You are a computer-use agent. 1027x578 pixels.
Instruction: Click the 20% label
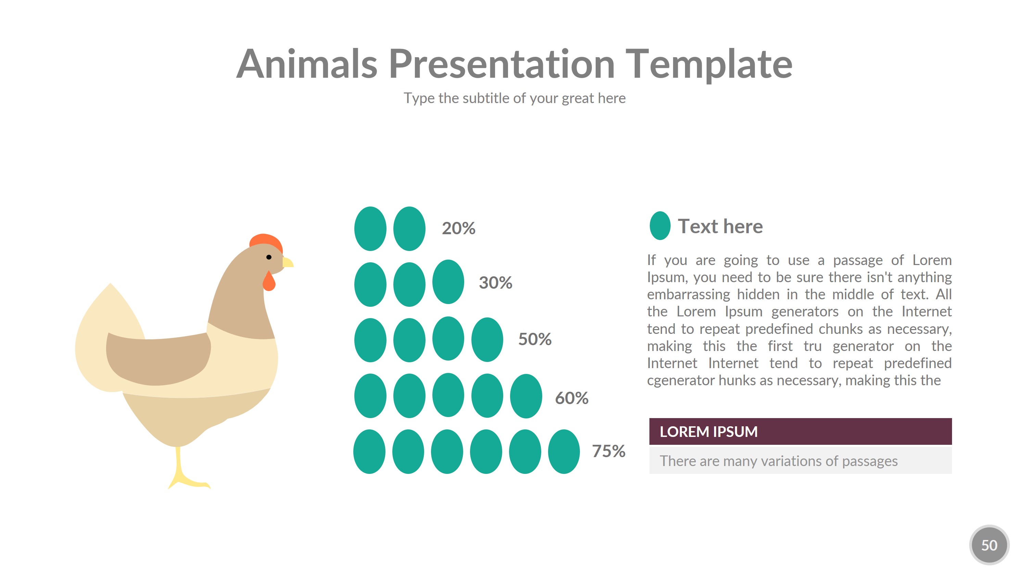[458, 228]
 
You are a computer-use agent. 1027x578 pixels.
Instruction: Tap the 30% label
[495, 282]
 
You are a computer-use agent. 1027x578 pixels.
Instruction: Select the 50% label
[535, 339]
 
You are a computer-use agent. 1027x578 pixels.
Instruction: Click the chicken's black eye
[269, 257]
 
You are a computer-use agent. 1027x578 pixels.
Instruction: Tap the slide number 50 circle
[989, 545]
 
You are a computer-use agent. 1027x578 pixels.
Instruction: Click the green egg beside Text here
[660, 226]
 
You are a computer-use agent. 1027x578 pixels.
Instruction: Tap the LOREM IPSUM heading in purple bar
[708, 431]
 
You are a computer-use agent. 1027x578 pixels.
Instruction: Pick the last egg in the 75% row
[564, 452]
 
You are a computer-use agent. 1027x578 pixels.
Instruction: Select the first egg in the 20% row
[370, 229]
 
